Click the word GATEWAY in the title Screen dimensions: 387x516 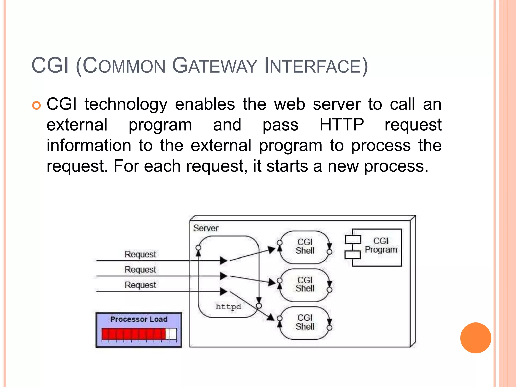(x=214, y=66)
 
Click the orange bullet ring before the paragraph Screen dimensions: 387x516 (x=36, y=105)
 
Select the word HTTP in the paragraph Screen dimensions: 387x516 (x=341, y=125)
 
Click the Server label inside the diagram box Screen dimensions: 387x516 (x=206, y=228)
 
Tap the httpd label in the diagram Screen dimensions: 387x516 (x=228, y=307)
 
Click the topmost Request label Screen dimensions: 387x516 (x=140, y=254)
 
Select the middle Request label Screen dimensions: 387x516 (x=140, y=270)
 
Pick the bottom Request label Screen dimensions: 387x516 (x=140, y=285)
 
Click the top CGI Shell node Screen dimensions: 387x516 (x=305, y=246)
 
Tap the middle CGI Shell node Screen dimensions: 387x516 (x=305, y=284)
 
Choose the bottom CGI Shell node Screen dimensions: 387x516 (x=305, y=322)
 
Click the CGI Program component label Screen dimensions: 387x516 (x=381, y=245)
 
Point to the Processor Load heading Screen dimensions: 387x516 (x=139, y=319)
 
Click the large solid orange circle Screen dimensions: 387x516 (x=475, y=338)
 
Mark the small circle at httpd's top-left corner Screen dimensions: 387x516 (x=198, y=248)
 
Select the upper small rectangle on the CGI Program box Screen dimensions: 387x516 (x=353, y=240)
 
